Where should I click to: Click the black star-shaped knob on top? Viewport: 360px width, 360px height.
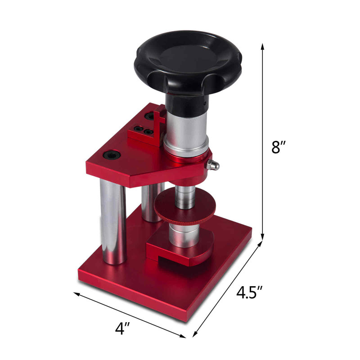188,62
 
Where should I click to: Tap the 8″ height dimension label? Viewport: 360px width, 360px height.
279,147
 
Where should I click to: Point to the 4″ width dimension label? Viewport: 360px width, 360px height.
122,328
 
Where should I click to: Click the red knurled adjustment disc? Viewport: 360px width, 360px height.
185,207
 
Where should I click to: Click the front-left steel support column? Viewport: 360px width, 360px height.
113,221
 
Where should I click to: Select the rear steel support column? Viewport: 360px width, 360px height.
152,202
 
